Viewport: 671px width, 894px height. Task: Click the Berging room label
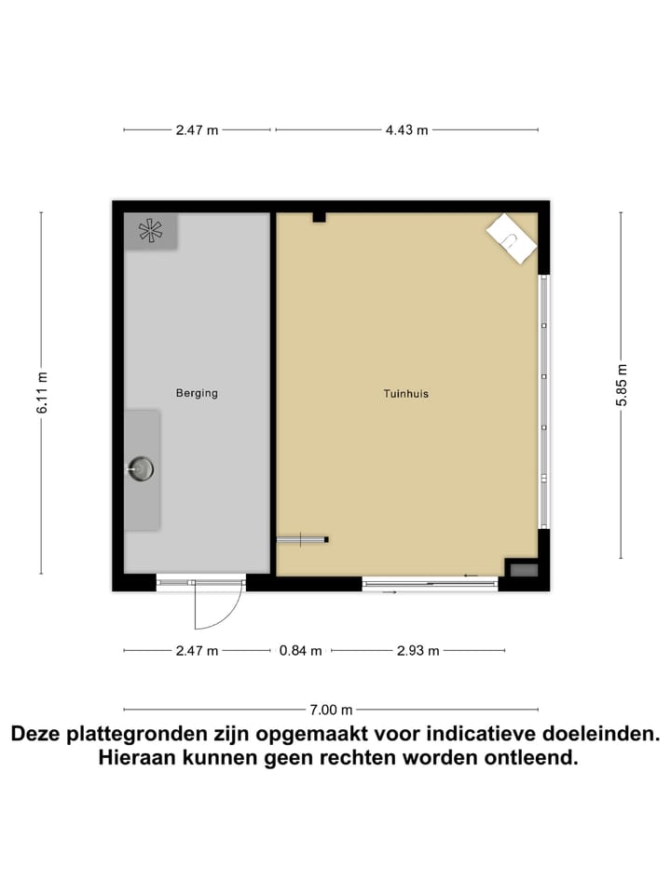point(197,393)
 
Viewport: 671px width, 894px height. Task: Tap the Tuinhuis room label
point(405,394)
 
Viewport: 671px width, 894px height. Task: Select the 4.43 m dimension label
point(406,130)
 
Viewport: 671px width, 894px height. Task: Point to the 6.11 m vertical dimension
point(42,392)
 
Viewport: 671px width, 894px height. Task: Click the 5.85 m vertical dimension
point(622,385)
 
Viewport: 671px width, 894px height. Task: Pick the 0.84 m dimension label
point(301,651)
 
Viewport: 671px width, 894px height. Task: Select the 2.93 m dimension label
point(418,651)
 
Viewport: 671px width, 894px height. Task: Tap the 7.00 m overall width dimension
point(332,710)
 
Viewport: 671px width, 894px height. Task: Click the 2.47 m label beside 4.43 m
point(197,130)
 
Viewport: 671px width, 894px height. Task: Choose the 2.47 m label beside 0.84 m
point(197,651)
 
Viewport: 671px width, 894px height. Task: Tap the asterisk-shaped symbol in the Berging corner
point(149,231)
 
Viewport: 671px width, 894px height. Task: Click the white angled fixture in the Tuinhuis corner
point(511,237)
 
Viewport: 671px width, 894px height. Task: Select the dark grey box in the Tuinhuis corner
point(524,569)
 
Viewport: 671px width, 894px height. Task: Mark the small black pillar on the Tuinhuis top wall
point(319,217)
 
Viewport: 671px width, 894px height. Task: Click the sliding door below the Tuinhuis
point(430,584)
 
